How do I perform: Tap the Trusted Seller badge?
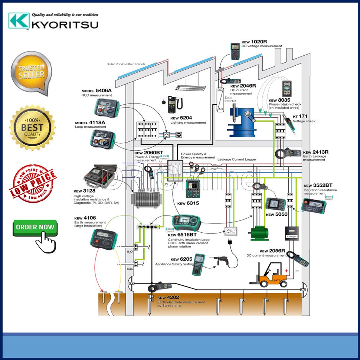pyautogui.click(x=31, y=73)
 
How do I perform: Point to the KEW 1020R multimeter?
pyautogui.click(x=235, y=51)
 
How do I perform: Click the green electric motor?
pyautogui.click(x=260, y=233)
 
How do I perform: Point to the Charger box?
pyautogui.click(x=292, y=232)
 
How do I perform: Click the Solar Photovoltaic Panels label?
pyautogui.click(x=126, y=64)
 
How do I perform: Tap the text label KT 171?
pyautogui.click(x=300, y=116)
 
